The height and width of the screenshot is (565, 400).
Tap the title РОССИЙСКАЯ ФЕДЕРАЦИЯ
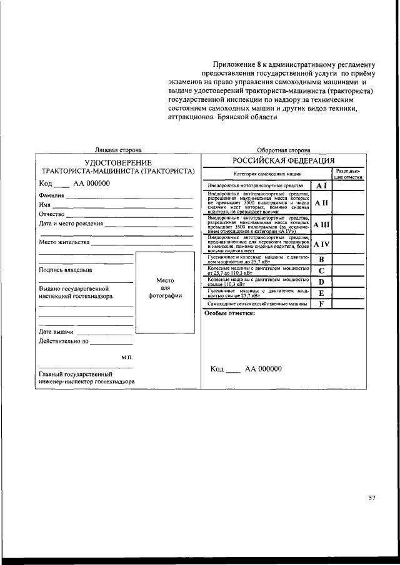(284, 161)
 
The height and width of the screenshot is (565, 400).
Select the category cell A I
(321, 185)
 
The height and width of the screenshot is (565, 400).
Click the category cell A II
(321, 203)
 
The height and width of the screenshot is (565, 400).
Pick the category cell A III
(321, 224)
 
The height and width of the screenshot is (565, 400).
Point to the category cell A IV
(321, 244)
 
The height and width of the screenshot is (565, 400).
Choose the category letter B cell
(321, 259)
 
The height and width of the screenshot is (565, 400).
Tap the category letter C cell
(321, 270)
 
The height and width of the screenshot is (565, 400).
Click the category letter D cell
(321, 282)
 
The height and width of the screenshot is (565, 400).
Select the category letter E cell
(321, 293)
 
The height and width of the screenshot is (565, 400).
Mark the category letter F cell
(321, 303)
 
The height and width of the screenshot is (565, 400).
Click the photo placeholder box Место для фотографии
(165, 292)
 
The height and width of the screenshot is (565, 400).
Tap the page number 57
(372, 498)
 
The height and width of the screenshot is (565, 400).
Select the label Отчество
(52, 214)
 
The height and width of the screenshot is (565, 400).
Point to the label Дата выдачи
(57, 332)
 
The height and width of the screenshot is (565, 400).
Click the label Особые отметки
(229, 313)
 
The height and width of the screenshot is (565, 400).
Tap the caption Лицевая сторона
(117, 150)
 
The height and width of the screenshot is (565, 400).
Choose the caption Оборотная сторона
(284, 150)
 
